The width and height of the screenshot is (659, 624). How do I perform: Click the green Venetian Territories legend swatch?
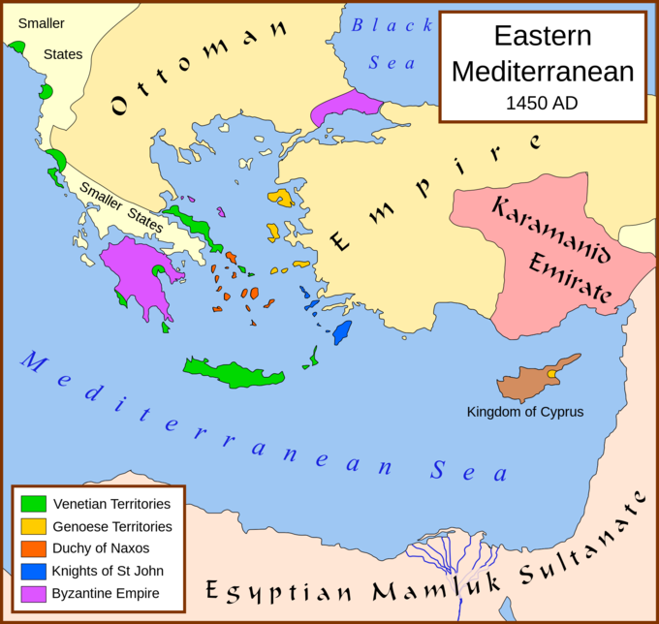[34, 504]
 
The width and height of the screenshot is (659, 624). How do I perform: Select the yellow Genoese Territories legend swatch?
[34, 526]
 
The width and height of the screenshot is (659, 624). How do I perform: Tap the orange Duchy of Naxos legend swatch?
[34, 548]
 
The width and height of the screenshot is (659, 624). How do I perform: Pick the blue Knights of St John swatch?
[34, 571]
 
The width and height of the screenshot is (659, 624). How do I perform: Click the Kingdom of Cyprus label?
[525, 412]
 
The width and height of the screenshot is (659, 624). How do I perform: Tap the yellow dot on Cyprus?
[551, 373]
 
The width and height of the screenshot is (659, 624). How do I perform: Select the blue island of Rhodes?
[341, 332]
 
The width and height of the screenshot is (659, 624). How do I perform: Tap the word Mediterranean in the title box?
[542, 71]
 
